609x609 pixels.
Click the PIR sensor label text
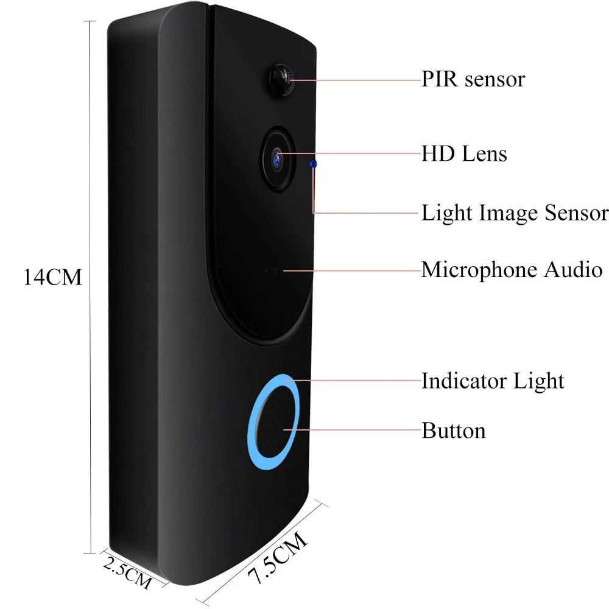(x=473, y=80)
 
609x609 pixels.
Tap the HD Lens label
(x=464, y=154)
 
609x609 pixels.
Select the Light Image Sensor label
(x=515, y=213)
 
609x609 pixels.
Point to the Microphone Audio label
(x=512, y=270)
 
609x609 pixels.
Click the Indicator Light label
(x=493, y=381)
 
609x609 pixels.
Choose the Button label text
(x=454, y=431)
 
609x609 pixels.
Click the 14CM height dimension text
(x=52, y=278)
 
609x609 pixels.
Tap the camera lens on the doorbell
(x=278, y=157)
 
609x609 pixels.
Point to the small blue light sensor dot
(x=314, y=164)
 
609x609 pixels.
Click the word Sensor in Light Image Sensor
(x=576, y=213)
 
